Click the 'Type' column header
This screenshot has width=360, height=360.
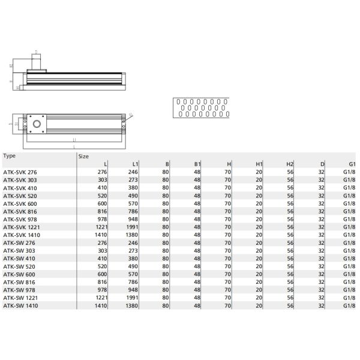pyautogui.click(x=10, y=155)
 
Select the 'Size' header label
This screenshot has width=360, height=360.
pyautogui.click(x=84, y=155)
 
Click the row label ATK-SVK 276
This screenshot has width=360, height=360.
pyautogui.click(x=20, y=171)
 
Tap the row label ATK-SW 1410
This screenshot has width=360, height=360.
pyautogui.click(x=21, y=305)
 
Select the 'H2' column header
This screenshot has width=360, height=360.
pyautogui.click(x=290, y=163)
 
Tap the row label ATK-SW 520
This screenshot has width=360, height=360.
pyautogui.click(x=19, y=266)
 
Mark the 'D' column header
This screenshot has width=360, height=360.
pyautogui.click(x=322, y=163)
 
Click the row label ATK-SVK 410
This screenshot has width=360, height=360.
pyautogui.click(x=20, y=187)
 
